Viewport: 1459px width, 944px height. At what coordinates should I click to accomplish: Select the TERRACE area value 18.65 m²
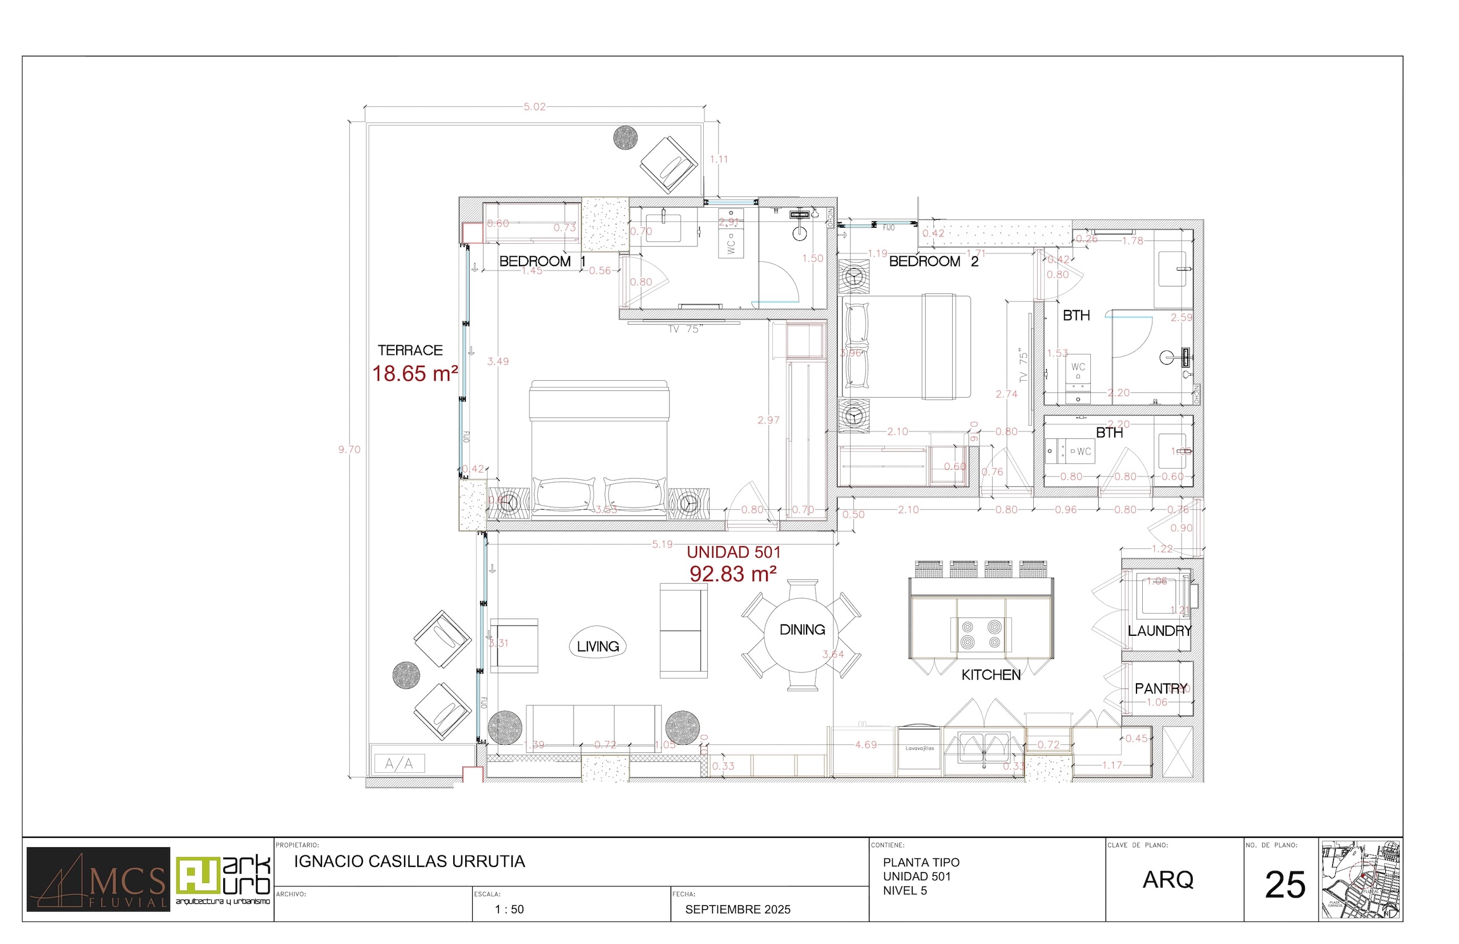tap(415, 374)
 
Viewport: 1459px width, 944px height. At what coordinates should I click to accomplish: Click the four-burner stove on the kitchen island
tap(981, 635)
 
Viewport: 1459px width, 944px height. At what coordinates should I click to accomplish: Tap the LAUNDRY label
tap(1159, 631)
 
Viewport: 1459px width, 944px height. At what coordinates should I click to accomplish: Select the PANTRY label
tap(1160, 688)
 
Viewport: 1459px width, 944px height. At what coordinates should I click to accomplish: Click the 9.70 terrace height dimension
tap(349, 450)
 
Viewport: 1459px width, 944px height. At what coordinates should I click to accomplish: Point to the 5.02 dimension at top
tap(534, 107)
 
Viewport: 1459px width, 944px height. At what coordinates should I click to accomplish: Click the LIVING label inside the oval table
tap(598, 647)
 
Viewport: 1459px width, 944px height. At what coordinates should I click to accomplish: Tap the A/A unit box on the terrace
tap(399, 764)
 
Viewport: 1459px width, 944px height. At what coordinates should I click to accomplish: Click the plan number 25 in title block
tap(1285, 885)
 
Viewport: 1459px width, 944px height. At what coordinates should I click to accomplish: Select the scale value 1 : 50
tap(509, 910)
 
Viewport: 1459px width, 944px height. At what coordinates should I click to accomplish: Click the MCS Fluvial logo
tap(98, 880)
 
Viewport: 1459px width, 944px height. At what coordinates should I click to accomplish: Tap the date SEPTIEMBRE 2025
tap(737, 910)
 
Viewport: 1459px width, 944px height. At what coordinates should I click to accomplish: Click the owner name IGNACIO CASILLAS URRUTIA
tap(409, 862)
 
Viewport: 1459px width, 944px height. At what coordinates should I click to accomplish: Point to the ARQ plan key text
tap(1168, 880)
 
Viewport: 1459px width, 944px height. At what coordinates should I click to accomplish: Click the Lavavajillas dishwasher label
tap(920, 748)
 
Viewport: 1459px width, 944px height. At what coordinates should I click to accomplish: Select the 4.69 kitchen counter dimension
tap(865, 745)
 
